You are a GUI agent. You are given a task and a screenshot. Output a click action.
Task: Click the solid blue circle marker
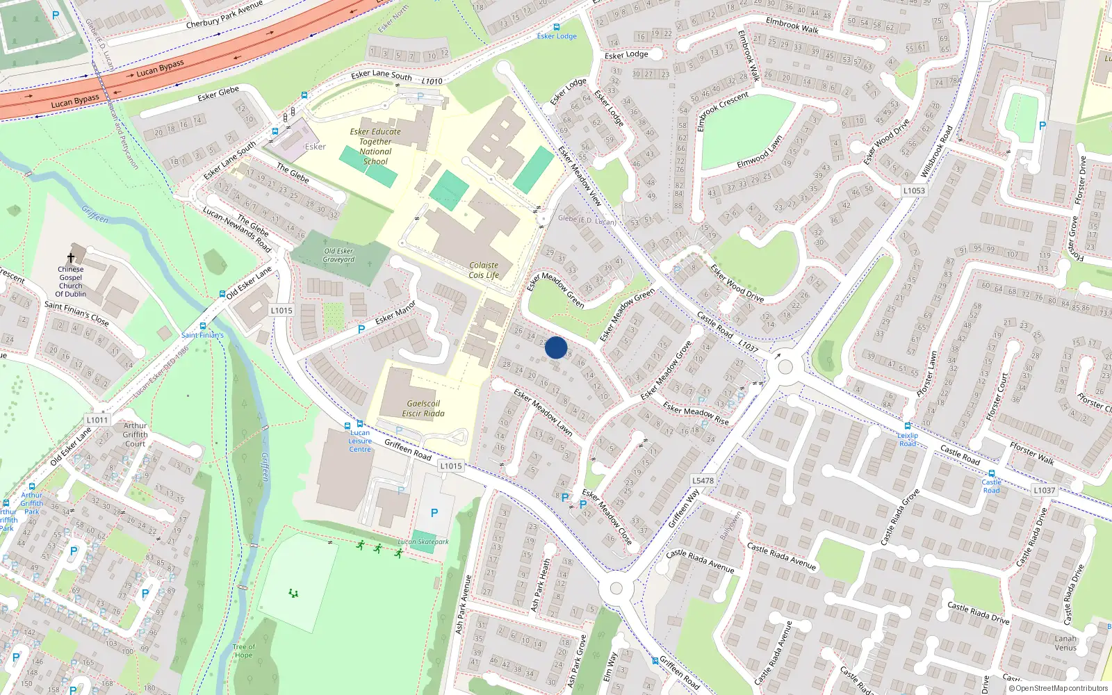[556, 347]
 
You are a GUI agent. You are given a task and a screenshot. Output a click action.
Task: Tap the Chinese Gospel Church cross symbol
[70, 258]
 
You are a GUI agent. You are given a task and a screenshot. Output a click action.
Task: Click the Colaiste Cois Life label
[484, 270]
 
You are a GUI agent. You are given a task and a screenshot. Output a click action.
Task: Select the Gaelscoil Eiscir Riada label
[423, 408]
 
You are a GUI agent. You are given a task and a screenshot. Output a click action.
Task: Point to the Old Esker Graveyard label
[338, 255]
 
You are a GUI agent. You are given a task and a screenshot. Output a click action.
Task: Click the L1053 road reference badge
[914, 190]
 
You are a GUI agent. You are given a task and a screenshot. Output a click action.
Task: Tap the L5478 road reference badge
[703, 480]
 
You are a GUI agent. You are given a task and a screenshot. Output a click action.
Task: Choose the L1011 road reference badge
[97, 420]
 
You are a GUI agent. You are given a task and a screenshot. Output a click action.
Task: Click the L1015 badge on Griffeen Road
[450, 466]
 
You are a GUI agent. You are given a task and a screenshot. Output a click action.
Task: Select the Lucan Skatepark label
[423, 541]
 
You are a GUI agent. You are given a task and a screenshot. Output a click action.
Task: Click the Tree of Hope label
[243, 651]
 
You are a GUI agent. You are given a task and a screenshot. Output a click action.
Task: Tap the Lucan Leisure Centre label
[360, 441]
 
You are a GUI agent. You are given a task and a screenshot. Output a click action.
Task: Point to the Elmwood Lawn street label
[760, 152]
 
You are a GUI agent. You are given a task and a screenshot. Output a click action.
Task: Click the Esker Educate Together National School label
[375, 146]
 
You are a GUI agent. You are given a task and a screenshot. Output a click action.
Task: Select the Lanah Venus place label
[1065, 643]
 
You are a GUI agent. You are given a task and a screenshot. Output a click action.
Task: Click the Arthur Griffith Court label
[136, 434]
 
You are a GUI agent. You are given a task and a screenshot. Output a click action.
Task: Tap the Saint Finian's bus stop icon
[203, 325]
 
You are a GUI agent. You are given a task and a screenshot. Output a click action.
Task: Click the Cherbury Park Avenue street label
[224, 15]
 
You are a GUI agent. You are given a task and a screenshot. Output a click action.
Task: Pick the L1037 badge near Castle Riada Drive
[1044, 490]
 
